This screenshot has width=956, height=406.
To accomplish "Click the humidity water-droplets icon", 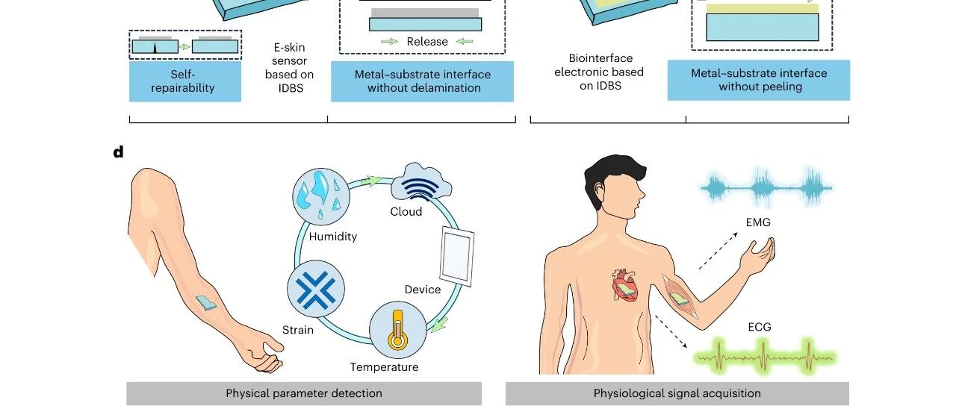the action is tap(321, 196).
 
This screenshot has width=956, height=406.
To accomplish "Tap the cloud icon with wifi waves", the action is tap(420, 181).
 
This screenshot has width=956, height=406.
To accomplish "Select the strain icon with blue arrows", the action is tap(316, 289).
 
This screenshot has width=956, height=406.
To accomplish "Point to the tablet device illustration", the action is tap(457, 256).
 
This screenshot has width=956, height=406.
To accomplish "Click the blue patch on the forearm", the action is tap(206, 302).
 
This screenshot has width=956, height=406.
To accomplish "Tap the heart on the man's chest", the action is tap(625, 286).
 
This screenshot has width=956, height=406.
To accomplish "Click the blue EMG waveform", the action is tap(766, 187).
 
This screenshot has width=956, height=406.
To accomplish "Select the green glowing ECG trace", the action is tap(764, 357).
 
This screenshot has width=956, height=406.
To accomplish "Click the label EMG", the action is tap(758, 222).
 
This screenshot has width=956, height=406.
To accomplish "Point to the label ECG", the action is tap(760, 327).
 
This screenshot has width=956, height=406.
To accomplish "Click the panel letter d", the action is tap(118, 152).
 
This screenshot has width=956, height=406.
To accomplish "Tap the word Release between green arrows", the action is tap(427, 41).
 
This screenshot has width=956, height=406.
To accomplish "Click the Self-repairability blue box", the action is tap(185, 81).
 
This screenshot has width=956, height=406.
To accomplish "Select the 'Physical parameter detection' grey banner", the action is tap(304, 393).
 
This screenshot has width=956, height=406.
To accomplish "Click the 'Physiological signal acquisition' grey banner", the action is tap(677, 393).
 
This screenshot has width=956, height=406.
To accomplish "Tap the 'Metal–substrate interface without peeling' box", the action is tap(759, 80).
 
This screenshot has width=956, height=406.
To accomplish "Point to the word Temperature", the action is tap(384, 367).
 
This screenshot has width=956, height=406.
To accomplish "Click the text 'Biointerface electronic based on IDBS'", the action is tap(600, 72).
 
